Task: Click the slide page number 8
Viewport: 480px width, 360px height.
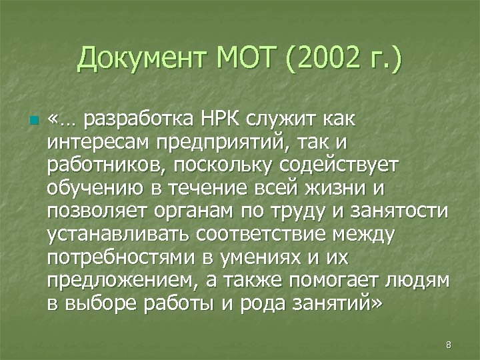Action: pyautogui.click(x=448, y=345)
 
